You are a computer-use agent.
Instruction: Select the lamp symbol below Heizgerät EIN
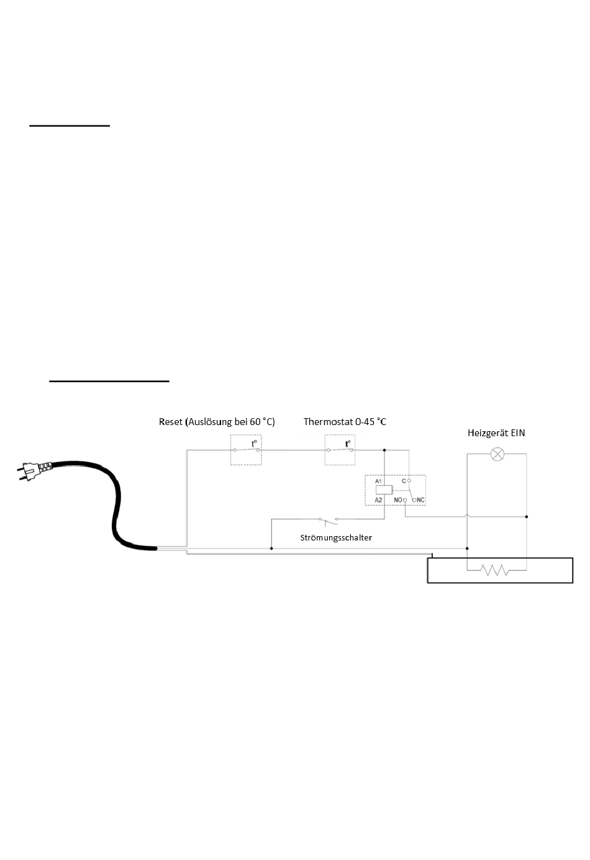click(497, 454)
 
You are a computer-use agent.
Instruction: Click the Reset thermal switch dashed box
click(246, 450)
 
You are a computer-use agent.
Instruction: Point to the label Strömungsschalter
click(336, 537)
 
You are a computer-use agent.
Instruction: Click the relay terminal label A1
click(378, 482)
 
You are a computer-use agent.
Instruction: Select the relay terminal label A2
click(378, 499)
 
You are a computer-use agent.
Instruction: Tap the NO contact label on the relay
click(397, 499)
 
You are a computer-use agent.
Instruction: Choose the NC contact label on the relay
click(420, 499)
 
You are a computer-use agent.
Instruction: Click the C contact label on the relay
click(403, 481)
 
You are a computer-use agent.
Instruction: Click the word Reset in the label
click(171, 422)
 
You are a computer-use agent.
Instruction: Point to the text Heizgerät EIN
click(496, 433)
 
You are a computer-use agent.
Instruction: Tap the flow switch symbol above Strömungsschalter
click(327, 519)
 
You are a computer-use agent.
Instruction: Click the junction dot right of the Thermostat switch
click(385, 450)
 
